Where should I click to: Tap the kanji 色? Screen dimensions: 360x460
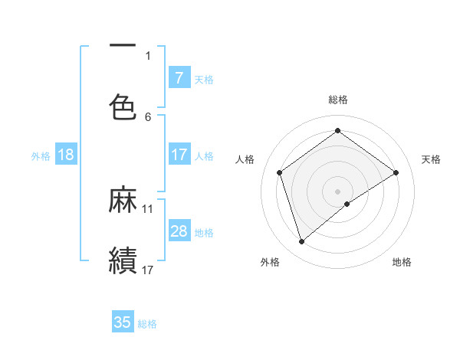click(123, 106)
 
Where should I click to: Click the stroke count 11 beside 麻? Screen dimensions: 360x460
click(148, 208)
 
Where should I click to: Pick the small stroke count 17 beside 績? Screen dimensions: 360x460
click(148, 269)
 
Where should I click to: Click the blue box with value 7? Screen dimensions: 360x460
click(179, 78)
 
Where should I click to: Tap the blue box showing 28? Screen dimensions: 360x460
click(179, 231)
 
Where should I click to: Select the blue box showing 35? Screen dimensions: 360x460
click(123, 322)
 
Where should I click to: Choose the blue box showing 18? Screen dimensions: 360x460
click(66, 155)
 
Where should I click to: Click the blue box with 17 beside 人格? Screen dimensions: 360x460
click(179, 155)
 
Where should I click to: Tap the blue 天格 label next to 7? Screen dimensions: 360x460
click(204, 79)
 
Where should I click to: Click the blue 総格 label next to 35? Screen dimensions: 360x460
click(147, 323)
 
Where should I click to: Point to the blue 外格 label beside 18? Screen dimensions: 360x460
click(41, 155)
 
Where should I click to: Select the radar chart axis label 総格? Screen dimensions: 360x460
click(338, 100)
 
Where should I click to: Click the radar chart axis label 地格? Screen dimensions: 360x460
click(402, 262)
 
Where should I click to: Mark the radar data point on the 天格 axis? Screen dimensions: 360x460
click(396, 172)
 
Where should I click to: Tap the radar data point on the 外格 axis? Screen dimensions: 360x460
click(302, 242)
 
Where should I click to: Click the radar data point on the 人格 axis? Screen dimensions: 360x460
click(280, 172)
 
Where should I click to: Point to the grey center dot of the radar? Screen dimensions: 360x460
click(338, 191)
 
